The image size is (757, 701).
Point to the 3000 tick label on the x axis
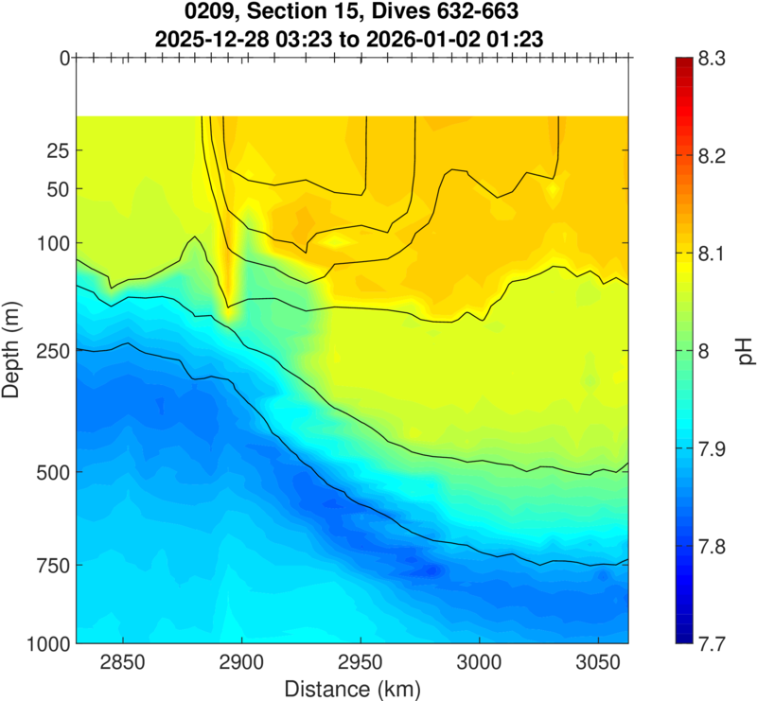point(480,660)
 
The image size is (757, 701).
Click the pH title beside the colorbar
point(746,351)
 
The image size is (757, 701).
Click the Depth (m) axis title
point(14,351)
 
